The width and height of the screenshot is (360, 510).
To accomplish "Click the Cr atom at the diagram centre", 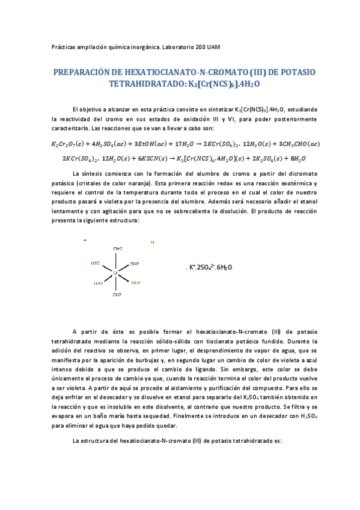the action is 115,273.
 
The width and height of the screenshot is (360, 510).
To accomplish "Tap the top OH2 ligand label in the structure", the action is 118,248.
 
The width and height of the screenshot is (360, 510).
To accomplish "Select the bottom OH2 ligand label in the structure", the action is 118,296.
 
